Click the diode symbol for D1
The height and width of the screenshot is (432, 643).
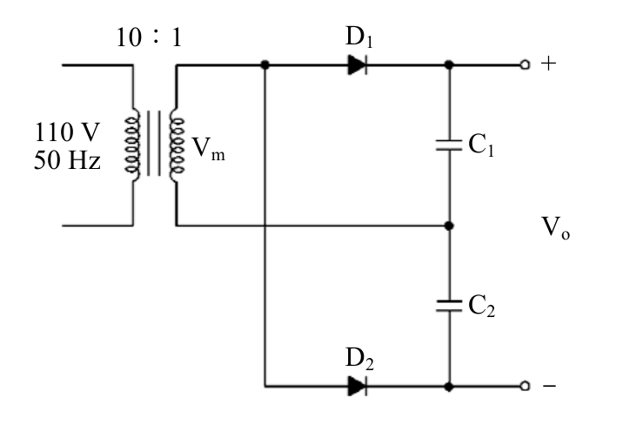click(358, 64)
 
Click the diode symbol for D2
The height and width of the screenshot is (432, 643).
click(358, 386)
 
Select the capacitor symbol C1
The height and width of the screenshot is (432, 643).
click(449, 145)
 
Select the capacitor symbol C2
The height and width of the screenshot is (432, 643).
click(449, 306)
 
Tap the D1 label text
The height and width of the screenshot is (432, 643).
click(359, 37)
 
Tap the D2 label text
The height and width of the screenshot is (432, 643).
click(359, 359)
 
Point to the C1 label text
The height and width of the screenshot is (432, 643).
click(481, 145)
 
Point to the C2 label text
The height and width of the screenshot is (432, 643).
click(481, 306)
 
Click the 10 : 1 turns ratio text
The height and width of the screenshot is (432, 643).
click(150, 37)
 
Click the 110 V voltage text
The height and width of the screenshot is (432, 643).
click(67, 132)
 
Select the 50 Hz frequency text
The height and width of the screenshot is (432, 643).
click(67, 160)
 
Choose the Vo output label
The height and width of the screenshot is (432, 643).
click(556, 228)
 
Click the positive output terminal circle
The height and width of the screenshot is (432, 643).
click(525, 64)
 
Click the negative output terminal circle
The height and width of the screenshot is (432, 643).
click(525, 386)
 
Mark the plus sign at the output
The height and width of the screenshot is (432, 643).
click(549, 64)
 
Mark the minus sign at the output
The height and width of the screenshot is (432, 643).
click(550, 386)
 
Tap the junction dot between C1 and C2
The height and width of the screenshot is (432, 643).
click(449, 226)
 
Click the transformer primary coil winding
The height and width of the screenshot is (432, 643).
click(132, 145)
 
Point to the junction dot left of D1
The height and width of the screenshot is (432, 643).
click(265, 64)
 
